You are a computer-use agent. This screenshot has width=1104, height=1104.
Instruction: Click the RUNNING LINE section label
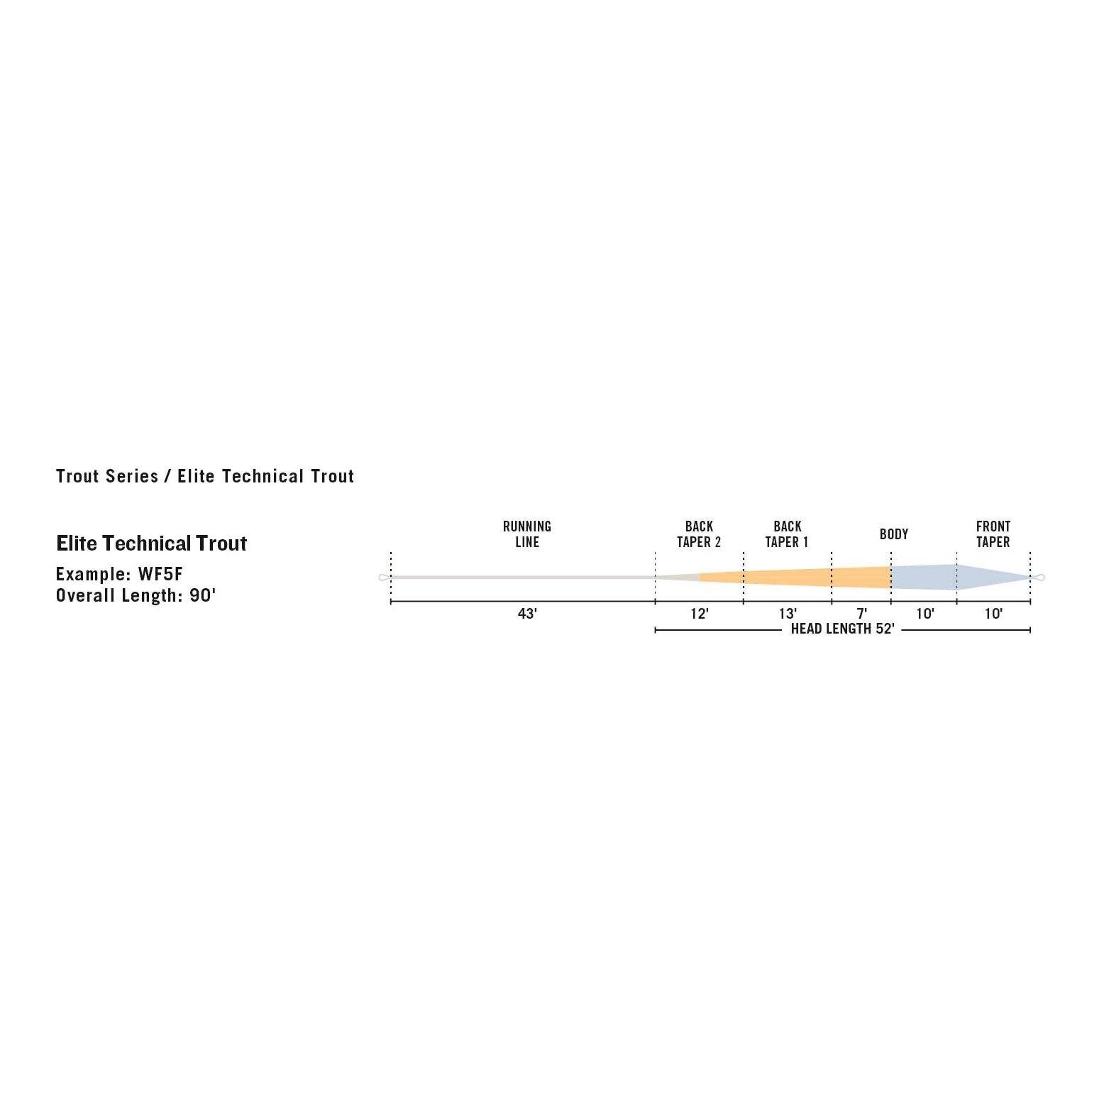526,534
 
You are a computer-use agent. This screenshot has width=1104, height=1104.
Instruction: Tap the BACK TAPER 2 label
699,534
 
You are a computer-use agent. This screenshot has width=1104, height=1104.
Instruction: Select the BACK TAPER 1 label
787,534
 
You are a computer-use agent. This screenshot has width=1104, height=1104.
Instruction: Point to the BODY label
894,534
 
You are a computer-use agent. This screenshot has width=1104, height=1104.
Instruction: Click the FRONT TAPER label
993,534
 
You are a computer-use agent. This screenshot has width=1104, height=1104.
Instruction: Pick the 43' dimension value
527,614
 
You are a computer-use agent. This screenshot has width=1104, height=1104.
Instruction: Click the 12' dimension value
700,614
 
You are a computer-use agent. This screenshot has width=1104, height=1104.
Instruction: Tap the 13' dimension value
788,614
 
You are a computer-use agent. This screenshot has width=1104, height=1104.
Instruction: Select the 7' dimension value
861,614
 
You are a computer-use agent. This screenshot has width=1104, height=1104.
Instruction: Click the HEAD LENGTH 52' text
842,629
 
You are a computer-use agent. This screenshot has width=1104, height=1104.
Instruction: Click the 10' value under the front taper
993,614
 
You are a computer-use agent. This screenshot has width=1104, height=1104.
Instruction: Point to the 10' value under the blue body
925,614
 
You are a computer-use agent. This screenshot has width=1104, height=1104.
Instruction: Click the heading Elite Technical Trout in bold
151,543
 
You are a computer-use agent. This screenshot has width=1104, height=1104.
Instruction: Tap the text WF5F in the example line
160,574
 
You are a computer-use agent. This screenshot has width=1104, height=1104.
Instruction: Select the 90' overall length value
202,595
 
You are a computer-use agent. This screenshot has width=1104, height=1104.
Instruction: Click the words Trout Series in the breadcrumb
107,476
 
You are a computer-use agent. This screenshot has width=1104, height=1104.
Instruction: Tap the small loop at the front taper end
1039,578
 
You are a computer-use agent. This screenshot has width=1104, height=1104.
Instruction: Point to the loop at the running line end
384,578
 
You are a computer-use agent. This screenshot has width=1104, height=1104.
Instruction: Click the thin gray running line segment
522,578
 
